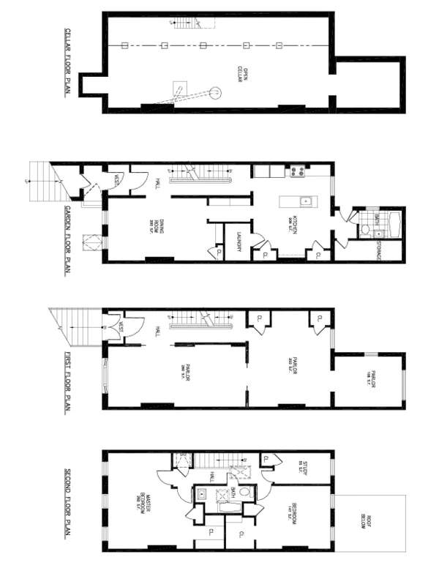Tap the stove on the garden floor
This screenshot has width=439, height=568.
[x=298, y=172]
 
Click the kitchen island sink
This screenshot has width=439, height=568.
[x=307, y=202]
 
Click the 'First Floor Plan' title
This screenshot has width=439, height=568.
[x=66, y=381]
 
